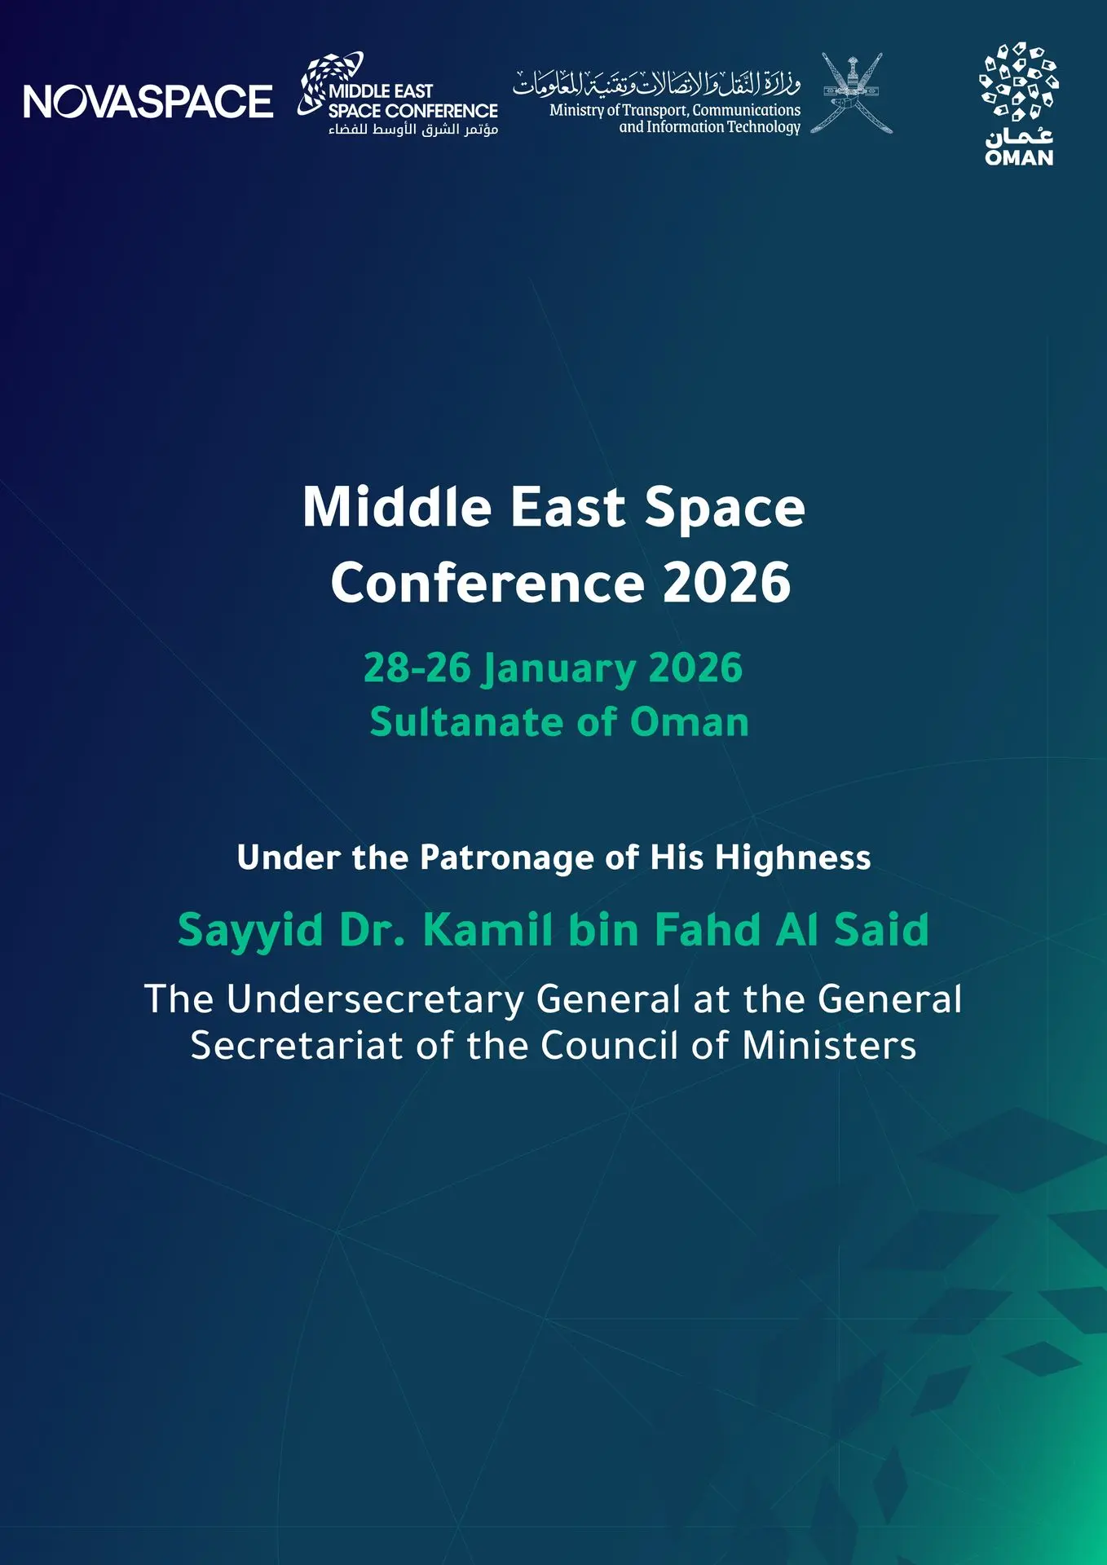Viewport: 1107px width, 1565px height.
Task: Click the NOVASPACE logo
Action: [148, 102]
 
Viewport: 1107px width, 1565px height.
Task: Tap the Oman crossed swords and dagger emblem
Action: [852, 93]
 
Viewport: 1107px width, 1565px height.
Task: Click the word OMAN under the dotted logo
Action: [1019, 157]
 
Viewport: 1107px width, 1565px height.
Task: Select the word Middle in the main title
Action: [397, 507]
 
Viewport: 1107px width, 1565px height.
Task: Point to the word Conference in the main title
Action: [487, 583]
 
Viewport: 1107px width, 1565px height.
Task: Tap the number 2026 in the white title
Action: [726, 583]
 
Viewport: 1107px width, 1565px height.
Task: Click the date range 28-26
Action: [417, 668]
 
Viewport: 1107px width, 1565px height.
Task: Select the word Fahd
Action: [708, 929]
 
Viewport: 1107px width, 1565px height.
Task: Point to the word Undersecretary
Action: [375, 1000]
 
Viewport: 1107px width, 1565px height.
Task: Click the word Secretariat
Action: [297, 1046]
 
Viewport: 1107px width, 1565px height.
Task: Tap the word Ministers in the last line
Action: [829, 1046]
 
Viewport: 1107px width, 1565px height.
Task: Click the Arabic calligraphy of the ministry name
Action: [657, 82]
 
